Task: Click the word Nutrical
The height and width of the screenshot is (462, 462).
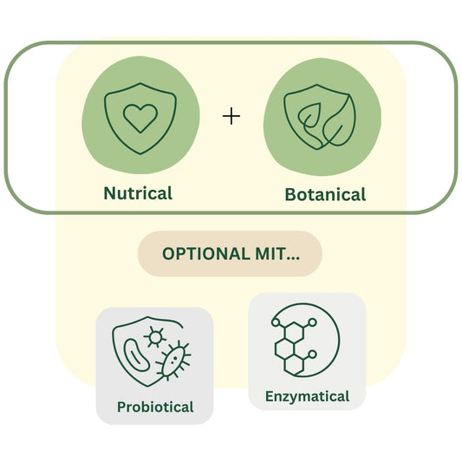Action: tap(138, 193)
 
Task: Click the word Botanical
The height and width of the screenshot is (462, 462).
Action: tap(325, 195)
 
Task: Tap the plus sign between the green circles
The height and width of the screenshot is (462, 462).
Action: tap(231, 116)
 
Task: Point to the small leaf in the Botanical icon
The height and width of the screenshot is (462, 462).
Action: tap(309, 116)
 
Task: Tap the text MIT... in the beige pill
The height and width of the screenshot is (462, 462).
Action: tap(277, 254)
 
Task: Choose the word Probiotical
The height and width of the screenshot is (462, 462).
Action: tap(155, 407)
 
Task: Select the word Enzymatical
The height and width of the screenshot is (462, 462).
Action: tap(308, 396)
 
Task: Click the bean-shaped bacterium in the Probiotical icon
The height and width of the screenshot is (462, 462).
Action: tap(136, 355)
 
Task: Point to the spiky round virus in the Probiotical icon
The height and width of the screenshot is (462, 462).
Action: tap(155, 336)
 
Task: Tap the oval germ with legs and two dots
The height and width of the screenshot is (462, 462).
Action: tap(173, 361)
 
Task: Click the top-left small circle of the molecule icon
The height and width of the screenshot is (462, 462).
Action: tap(276, 322)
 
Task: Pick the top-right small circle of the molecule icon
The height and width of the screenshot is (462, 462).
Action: tap(312, 322)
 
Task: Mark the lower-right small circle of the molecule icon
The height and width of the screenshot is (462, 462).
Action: tap(312, 355)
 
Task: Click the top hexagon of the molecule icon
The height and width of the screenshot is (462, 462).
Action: tap(294, 332)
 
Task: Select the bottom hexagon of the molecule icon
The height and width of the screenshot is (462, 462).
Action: tap(294, 364)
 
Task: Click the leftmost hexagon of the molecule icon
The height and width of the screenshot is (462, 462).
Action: tap(284, 348)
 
